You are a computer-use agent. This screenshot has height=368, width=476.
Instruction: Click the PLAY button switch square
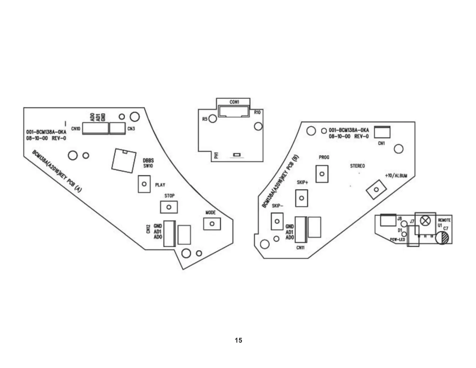coord(144,184)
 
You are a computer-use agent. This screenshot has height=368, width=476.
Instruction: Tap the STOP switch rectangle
coord(169,207)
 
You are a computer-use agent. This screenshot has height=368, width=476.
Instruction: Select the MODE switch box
coord(212,224)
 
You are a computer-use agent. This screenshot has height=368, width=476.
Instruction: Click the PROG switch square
coord(322,174)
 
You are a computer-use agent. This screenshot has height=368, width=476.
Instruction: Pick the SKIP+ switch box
coord(301,198)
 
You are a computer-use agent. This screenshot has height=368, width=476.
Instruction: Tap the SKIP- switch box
coord(277,221)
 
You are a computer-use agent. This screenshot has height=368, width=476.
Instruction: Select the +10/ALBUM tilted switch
coord(376,189)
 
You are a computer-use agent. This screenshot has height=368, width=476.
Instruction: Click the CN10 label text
coord(76,129)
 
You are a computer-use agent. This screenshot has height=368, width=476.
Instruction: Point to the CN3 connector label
coord(131,129)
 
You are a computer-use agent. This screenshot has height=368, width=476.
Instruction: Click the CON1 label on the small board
coord(234,102)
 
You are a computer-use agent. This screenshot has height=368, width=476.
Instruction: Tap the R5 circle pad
coord(213,119)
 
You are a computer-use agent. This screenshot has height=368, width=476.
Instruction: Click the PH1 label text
coord(216,155)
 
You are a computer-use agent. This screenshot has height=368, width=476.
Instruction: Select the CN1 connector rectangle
coord(382,132)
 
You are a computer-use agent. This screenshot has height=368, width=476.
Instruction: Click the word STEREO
coord(357,166)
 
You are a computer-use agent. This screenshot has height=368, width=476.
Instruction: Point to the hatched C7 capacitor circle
coord(442,238)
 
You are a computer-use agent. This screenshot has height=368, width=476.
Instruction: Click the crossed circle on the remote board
coord(425,221)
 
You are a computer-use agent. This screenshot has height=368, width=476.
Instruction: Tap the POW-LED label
coord(397,240)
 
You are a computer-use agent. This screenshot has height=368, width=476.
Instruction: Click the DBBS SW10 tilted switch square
coord(124,161)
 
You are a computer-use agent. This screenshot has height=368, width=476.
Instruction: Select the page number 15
coord(238,340)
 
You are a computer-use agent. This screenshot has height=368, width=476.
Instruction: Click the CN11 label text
coord(300,248)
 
